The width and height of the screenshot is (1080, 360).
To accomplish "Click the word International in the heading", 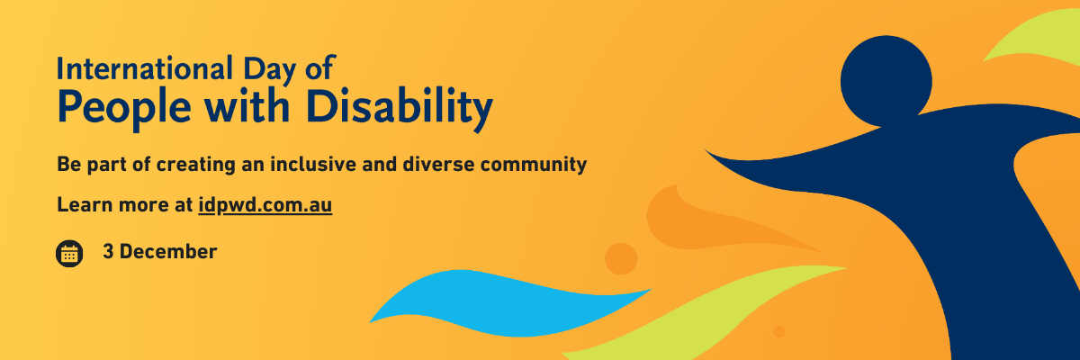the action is pos(145,68).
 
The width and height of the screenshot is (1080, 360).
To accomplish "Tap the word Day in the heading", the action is pos(269,71).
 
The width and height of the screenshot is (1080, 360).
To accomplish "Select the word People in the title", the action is pos(124,108).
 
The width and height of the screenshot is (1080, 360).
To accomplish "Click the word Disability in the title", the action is pos(400,108).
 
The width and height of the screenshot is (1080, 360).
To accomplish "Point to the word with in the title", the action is pos(247,105).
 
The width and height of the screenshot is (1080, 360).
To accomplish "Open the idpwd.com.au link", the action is pos(265,205).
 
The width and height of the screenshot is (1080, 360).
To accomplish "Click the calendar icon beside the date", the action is pos(69,254).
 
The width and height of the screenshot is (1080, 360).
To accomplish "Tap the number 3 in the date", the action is pos(108,252).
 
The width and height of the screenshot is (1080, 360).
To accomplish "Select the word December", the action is pos(168,252).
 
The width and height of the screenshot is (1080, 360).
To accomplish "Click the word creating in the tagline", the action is pos(196,166).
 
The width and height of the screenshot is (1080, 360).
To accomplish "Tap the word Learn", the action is pos(85,205).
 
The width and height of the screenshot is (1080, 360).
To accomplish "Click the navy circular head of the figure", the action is pos(886,80).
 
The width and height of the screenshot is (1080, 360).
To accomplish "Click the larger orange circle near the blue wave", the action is pos(621,259).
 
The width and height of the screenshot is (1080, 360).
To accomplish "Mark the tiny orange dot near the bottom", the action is pos(779,331).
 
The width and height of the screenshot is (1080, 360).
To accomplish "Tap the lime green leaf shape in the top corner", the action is pos(1037,41).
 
